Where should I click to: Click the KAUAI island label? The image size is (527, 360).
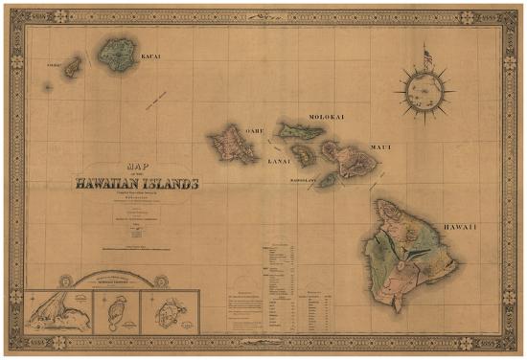151,56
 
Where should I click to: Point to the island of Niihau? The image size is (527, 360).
72,67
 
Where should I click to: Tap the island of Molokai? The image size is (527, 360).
303,130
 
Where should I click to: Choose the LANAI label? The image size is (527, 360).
278,163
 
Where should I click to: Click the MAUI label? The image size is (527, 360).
381,146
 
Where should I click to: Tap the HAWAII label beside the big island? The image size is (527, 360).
460,226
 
